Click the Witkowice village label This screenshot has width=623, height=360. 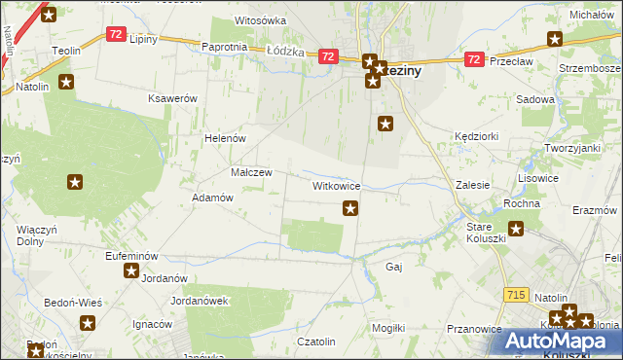[x=337, y=185]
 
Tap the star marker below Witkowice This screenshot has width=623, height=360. [x=350, y=207]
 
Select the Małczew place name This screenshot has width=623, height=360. [x=250, y=171]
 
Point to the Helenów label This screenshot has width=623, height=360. [x=224, y=138]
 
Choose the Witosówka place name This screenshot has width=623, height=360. [x=261, y=20]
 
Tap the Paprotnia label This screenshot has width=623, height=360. [x=224, y=47]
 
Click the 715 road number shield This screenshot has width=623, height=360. [x=517, y=294]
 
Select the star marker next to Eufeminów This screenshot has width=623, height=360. [x=131, y=270]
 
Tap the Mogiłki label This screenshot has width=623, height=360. [x=388, y=328]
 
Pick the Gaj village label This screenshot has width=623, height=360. [x=394, y=267]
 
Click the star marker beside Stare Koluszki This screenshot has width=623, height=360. [x=516, y=230]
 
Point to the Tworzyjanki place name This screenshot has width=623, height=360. [x=570, y=147]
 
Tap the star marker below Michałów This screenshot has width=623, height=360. [x=555, y=39]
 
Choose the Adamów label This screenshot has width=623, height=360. [x=213, y=198]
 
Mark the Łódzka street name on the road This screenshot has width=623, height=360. [x=285, y=52]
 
